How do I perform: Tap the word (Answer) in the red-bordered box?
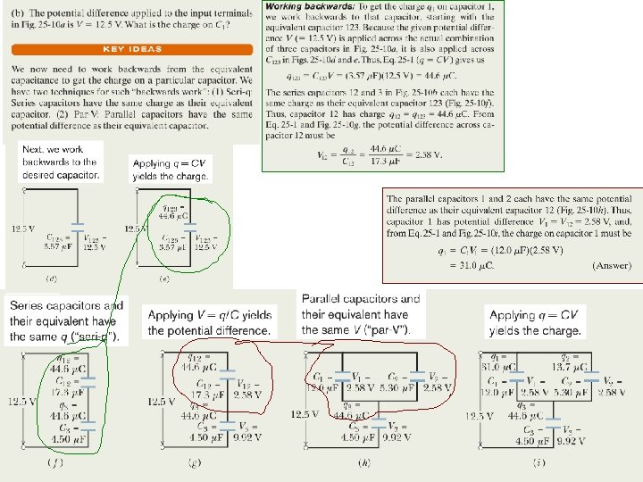(x=613, y=266)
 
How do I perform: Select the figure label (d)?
(x=52, y=279)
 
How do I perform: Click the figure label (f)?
(x=54, y=462)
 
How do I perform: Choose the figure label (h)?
(x=363, y=462)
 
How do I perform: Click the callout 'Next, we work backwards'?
(x=60, y=162)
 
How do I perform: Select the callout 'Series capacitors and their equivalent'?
(x=67, y=320)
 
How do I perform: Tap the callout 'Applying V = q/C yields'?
(x=212, y=322)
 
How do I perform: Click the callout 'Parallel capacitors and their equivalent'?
(x=361, y=314)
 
